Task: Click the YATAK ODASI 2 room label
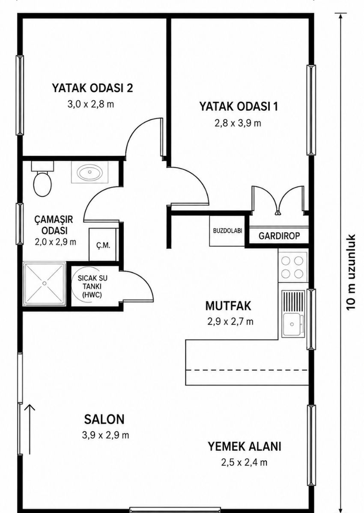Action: pyautogui.click(x=92, y=88)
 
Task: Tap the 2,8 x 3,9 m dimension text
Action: pyautogui.click(x=238, y=124)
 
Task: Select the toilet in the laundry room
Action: pyautogui.click(x=42, y=179)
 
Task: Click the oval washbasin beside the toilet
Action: pyautogui.click(x=90, y=172)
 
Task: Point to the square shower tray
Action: pyautogui.click(x=44, y=283)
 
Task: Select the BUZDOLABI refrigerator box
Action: pyautogui.click(x=227, y=230)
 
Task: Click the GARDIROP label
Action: pyautogui.click(x=279, y=236)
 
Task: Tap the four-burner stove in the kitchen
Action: pyautogui.click(x=292, y=267)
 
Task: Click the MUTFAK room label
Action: pyautogui.click(x=228, y=306)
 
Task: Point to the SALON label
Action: pyautogui.click(x=104, y=419)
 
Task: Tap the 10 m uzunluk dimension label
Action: pyautogui.click(x=351, y=272)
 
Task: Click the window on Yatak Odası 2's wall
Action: pyautogui.click(x=20, y=95)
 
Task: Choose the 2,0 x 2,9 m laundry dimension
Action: pyautogui.click(x=56, y=242)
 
